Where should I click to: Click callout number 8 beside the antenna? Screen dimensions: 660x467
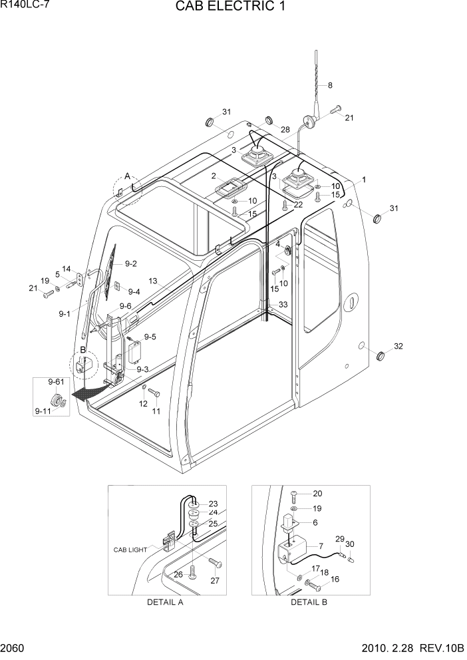pyautogui.click(x=329, y=85)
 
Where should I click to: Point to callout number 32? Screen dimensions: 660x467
pyautogui.click(x=398, y=346)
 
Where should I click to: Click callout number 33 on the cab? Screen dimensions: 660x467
pyautogui.click(x=283, y=304)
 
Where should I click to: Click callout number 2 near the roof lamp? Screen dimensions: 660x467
pyautogui.click(x=214, y=176)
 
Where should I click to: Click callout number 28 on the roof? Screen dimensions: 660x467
pyautogui.click(x=285, y=130)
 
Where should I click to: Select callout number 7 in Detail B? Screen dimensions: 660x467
pyautogui.click(x=321, y=546)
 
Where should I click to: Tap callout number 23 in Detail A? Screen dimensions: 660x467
pyautogui.click(x=213, y=504)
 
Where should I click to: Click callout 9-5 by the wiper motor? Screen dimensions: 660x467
pyautogui.click(x=150, y=337)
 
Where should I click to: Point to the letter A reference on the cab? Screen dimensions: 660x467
pyautogui.click(x=127, y=176)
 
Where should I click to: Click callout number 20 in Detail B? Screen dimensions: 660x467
pyautogui.click(x=317, y=494)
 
